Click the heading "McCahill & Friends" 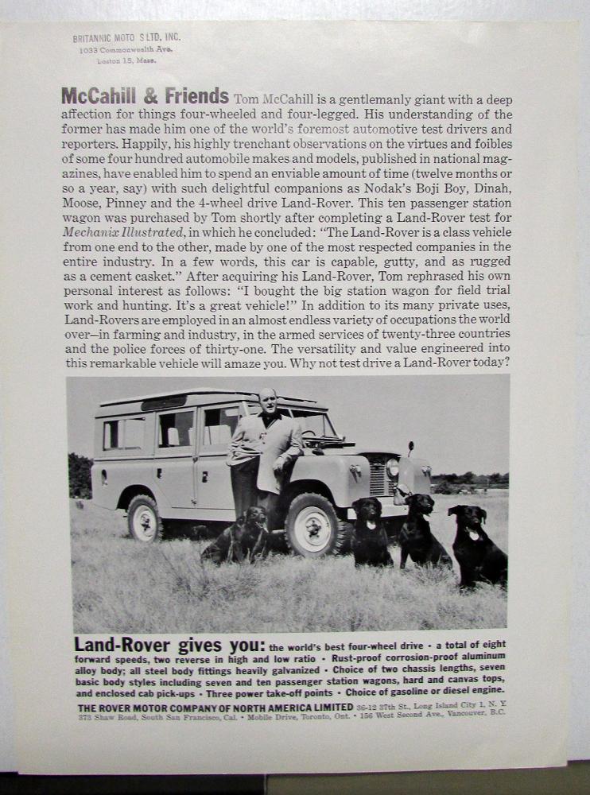coord(145,97)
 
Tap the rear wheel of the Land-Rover coord(145,518)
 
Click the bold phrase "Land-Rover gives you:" coord(169,646)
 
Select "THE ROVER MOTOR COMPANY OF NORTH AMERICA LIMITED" coord(215,707)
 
